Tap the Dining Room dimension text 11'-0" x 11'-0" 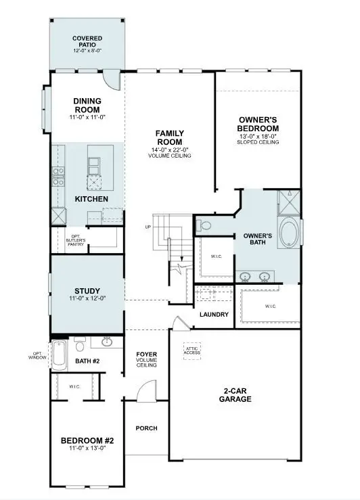tap(87, 118)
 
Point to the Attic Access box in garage tap(193, 350)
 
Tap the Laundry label tap(214, 315)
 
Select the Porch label tap(145, 428)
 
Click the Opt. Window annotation tap(38, 355)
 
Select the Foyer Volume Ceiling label tap(146, 359)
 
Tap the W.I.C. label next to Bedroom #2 tap(74, 388)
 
